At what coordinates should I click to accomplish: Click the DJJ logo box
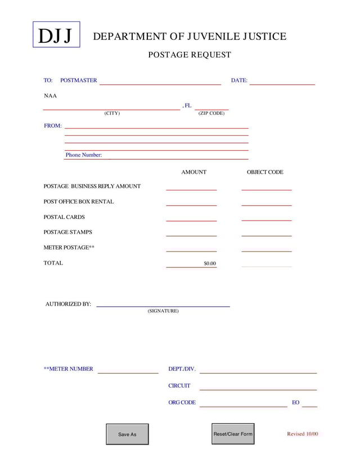pos(56,35)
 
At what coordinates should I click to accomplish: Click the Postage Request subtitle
pos(189,55)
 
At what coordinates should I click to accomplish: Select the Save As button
pos(127,434)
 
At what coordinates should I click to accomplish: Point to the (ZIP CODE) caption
pos(211,113)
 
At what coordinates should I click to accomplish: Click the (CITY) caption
pos(112,113)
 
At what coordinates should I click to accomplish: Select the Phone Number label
pos(83,155)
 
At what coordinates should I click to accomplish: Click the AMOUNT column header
pos(193,172)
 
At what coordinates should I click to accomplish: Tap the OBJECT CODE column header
pos(265,172)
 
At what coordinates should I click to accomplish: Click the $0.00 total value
pos(209,263)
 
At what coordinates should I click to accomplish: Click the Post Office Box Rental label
pos(78,201)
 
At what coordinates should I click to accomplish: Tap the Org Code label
pos(182,402)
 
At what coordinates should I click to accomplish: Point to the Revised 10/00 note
pos(302,434)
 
